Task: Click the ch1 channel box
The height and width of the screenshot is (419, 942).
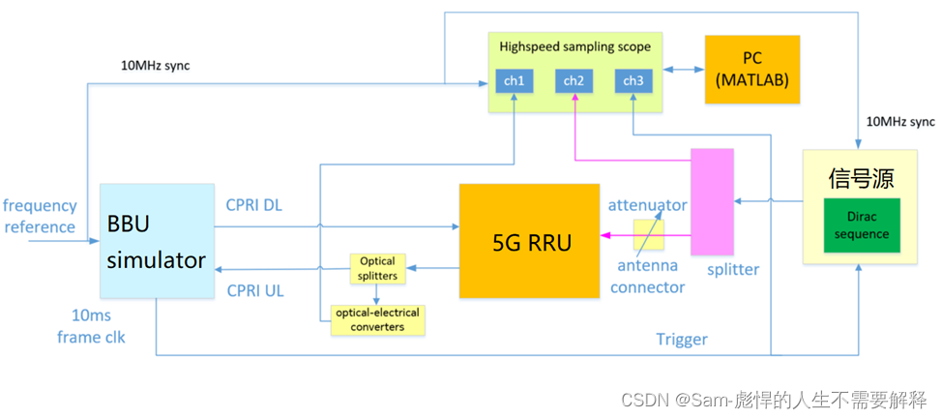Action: point(515,81)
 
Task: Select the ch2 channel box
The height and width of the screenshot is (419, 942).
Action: point(574,81)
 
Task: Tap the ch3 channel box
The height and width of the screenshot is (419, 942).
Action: point(633,81)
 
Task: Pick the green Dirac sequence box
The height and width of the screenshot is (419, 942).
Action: point(862,226)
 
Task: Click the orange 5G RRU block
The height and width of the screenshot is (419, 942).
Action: point(529,240)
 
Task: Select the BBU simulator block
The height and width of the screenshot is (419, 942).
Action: point(157,241)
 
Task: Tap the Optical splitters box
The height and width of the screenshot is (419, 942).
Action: point(377,268)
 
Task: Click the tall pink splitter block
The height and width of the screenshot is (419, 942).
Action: point(712,201)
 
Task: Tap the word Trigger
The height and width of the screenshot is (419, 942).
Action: point(682,339)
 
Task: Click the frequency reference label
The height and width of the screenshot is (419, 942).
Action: point(39,217)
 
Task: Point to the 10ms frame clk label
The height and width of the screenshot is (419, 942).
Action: point(92,328)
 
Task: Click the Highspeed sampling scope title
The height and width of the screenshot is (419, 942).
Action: point(574,46)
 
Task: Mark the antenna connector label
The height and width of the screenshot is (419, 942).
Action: point(648,277)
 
